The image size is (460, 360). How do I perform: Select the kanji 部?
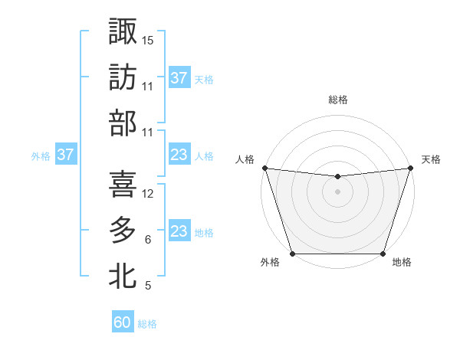123,123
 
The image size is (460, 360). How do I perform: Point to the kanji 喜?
123,184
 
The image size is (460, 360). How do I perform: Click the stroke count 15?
148,39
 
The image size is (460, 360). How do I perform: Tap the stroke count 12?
148,194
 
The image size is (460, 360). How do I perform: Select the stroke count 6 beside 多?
147,240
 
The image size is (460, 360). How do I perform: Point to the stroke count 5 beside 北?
147,286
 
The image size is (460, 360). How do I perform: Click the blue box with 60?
123,322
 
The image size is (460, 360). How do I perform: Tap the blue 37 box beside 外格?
66,155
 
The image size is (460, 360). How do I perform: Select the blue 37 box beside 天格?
179,78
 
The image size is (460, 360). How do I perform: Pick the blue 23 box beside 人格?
179,155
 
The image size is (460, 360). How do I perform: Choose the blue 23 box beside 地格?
179,231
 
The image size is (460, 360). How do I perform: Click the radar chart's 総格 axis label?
337,100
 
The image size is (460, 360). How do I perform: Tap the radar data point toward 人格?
264,168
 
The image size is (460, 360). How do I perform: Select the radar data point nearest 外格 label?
292,254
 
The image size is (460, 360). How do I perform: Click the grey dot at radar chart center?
337,191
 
